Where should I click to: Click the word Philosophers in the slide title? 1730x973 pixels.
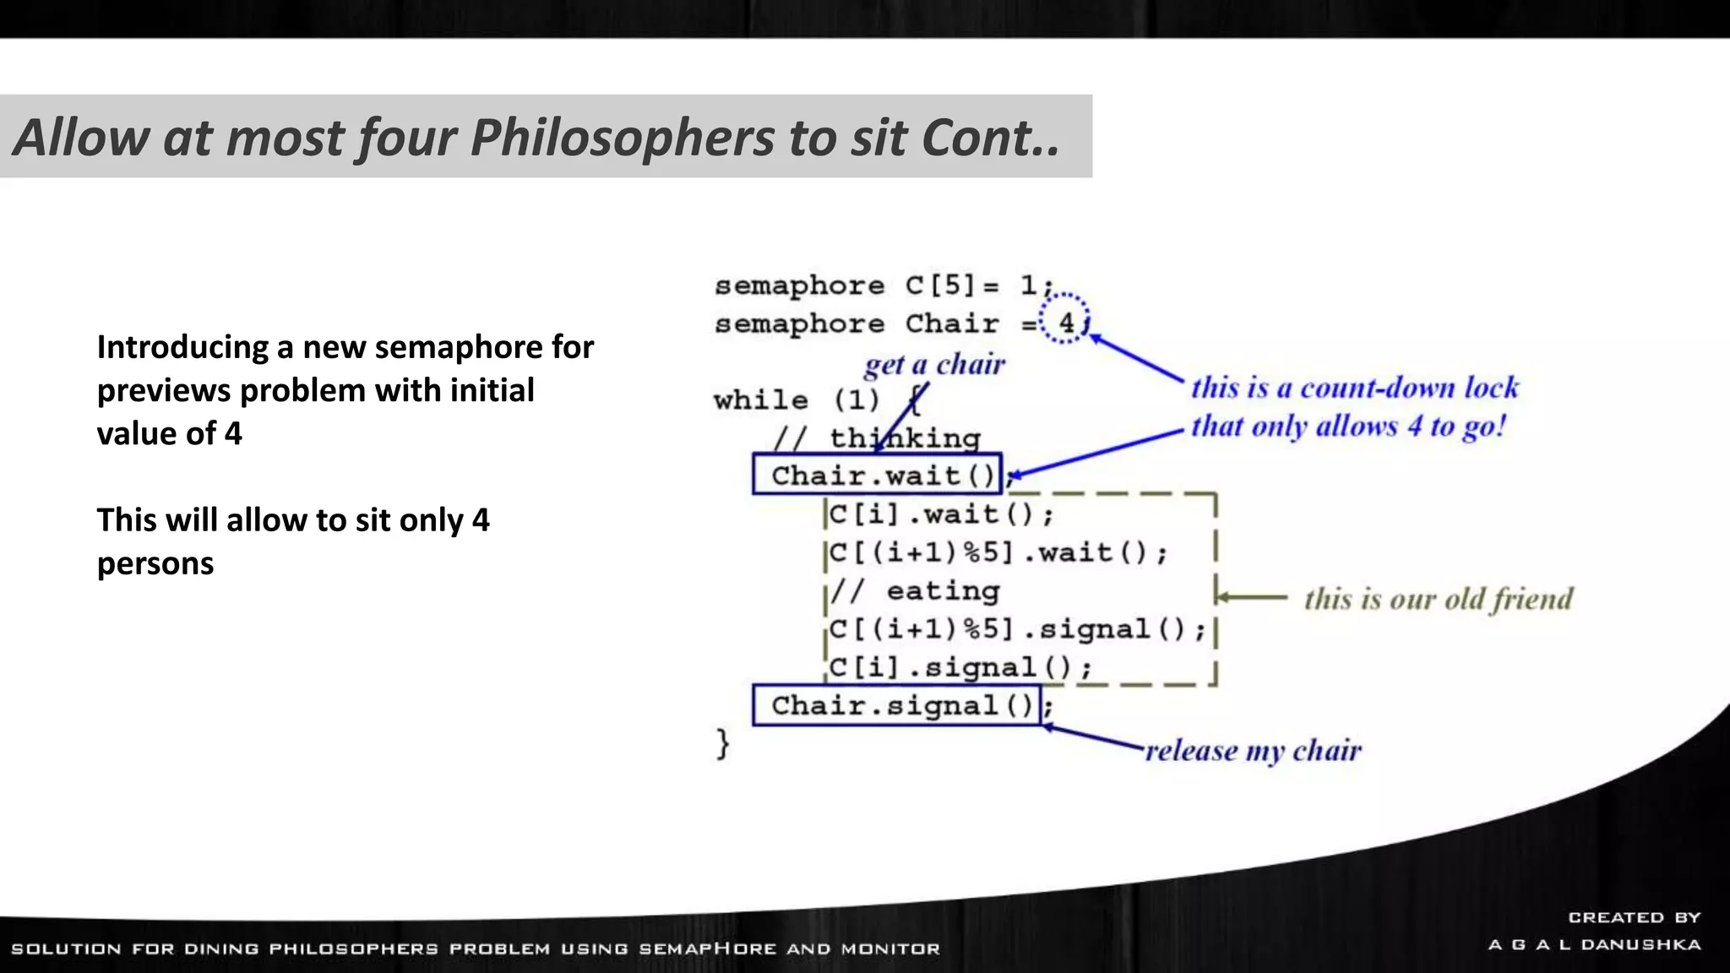622,137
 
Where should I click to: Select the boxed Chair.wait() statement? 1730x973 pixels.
877,475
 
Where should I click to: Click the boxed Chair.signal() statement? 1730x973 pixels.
896,705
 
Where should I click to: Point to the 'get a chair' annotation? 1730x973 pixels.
934,364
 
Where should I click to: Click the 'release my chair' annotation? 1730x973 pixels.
1253,750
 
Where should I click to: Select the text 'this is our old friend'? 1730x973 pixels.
1438,599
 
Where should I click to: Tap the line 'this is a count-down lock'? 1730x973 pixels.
1354,388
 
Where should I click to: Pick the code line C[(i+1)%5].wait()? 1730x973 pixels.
998,552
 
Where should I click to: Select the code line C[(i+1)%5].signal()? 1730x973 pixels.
1017,629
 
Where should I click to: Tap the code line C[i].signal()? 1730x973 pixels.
960,667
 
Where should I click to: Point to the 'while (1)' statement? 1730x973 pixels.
796,400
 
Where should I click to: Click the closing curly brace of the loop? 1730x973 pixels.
722,744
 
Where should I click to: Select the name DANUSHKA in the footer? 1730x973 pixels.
1640,944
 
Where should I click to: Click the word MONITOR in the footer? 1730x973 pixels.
890,949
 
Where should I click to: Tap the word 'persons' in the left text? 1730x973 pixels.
155,563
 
